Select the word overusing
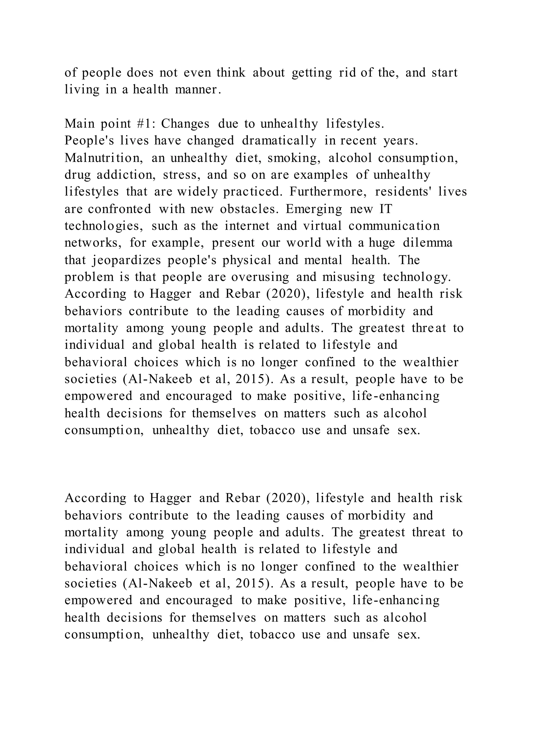pos(260,277)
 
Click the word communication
pos(394,226)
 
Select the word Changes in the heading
pos(185,124)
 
